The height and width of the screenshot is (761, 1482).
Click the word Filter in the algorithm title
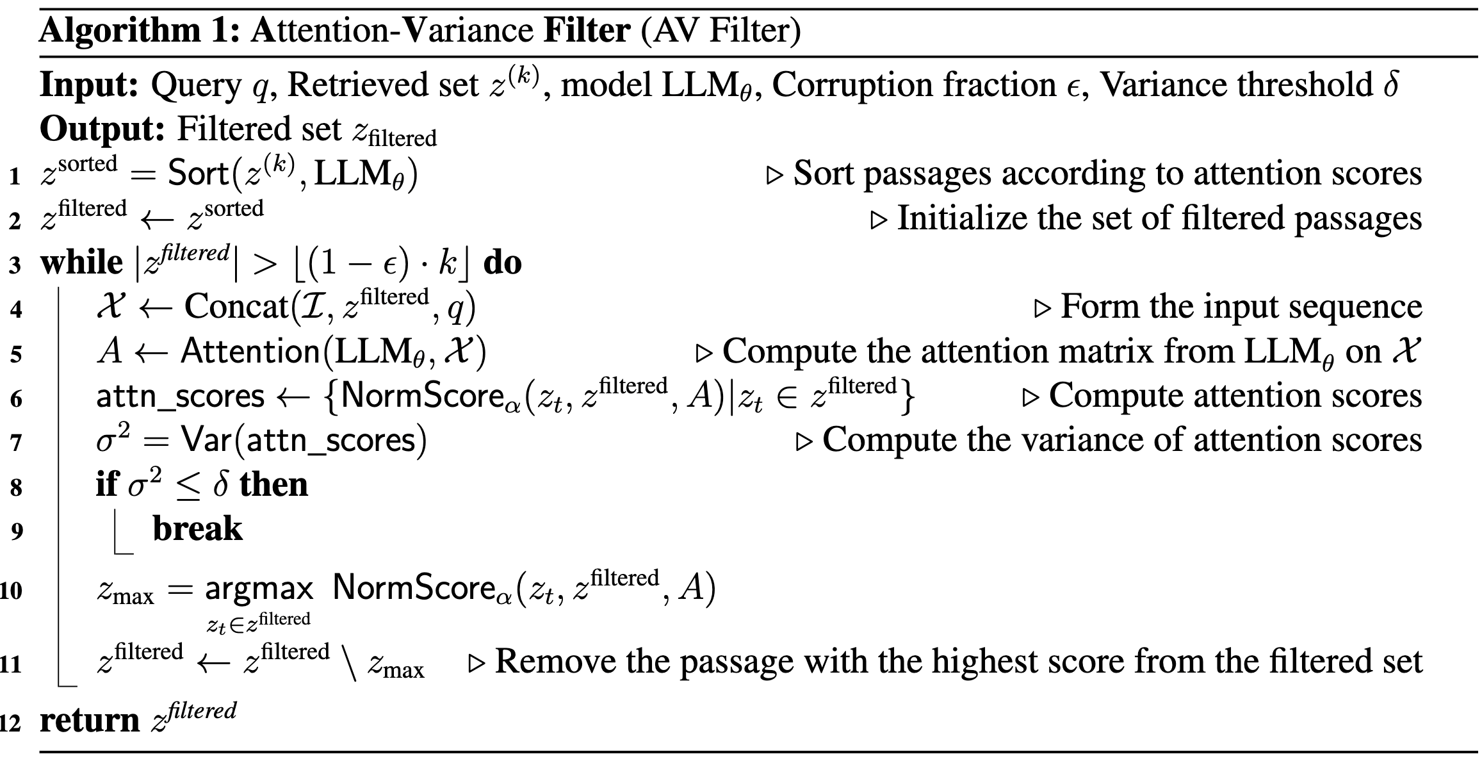pyautogui.click(x=587, y=30)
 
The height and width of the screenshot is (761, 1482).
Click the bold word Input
pyautogui.click(x=89, y=85)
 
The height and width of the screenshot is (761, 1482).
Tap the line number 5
pyautogui.click(x=15, y=354)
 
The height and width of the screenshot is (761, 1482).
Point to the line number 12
pyautogui.click(x=12, y=723)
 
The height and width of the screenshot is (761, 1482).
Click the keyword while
pyautogui.click(x=81, y=263)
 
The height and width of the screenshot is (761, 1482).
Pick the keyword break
pyautogui.click(x=197, y=529)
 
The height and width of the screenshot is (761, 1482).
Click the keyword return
pyautogui.click(x=89, y=721)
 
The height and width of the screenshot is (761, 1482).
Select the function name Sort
pyautogui.click(x=198, y=174)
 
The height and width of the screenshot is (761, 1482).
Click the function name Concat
pyautogui.click(x=236, y=307)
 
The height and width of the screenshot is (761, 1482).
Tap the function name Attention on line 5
pyautogui.click(x=249, y=351)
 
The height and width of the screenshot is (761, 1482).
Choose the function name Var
pyautogui.click(x=206, y=440)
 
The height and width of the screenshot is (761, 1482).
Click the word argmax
pyautogui.click(x=259, y=588)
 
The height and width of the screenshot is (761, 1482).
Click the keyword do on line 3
pyautogui.click(x=503, y=263)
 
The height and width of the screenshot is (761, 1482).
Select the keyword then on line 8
pyautogui.click(x=273, y=484)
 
